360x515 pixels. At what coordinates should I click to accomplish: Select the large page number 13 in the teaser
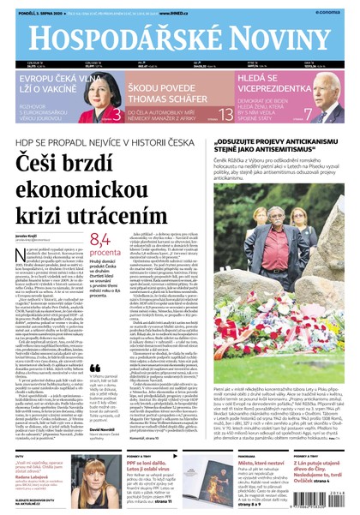225,114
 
